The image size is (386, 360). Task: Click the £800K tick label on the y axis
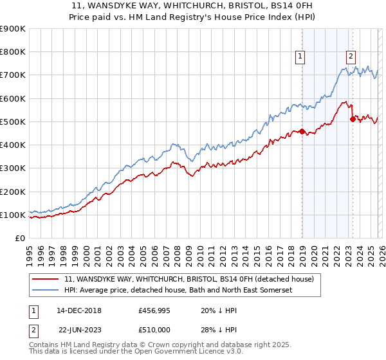13,52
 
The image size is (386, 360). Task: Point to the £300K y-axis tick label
13,168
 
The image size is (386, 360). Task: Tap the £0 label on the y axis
21,239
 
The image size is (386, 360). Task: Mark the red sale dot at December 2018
302,132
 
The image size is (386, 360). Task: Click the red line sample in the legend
46,279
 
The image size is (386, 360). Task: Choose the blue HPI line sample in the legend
46,291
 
